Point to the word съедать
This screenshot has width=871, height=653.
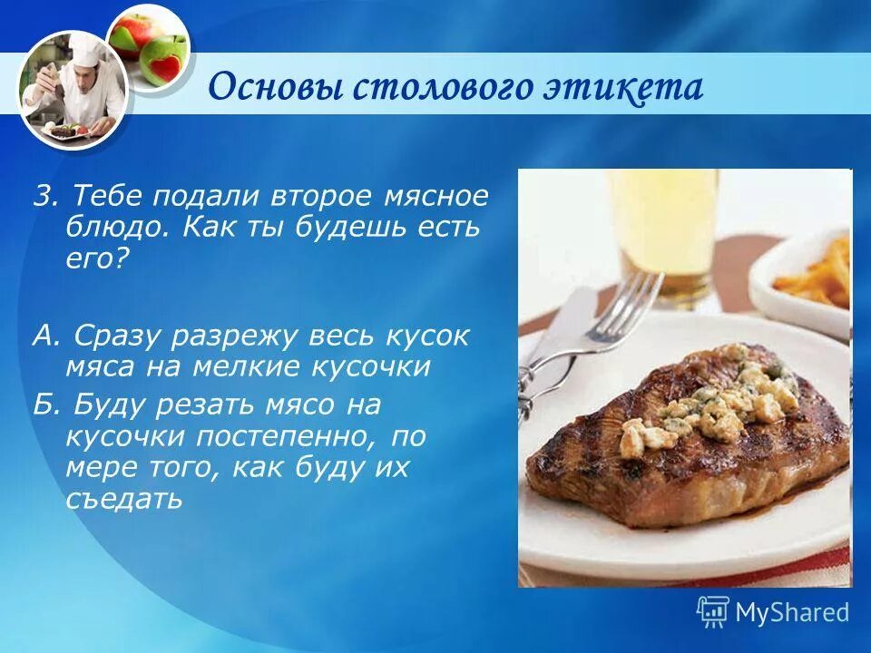coord(123,498)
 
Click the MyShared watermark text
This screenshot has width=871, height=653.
coord(792,612)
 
